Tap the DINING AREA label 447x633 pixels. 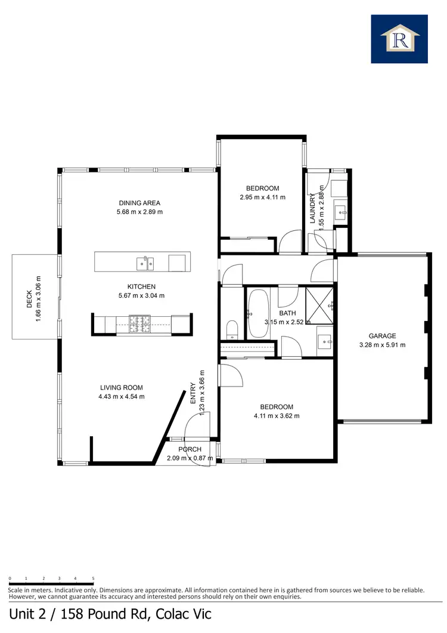pyautogui.click(x=139, y=203)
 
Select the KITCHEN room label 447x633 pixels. pyautogui.click(x=141, y=286)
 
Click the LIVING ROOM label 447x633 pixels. pyautogui.click(x=122, y=388)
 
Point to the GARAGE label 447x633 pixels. pyautogui.click(x=382, y=336)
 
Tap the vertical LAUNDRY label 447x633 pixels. pyautogui.click(x=312, y=208)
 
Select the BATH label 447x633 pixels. pyautogui.click(x=288, y=313)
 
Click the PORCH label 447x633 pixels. pyautogui.click(x=190, y=449)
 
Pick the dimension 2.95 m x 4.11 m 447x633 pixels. pyautogui.click(x=262, y=197)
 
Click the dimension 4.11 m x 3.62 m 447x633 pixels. pyautogui.click(x=276, y=416)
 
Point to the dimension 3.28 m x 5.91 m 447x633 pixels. pyautogui.click(x=382, y=345)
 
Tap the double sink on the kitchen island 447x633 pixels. pyautogui.click(x=145, y=261)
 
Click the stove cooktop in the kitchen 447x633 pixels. pyautogui.click(x=141, y=324)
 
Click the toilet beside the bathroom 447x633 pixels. pyautogui.click(x=232, y=329)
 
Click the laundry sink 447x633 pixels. pyautogui.click(x=342, y=211)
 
